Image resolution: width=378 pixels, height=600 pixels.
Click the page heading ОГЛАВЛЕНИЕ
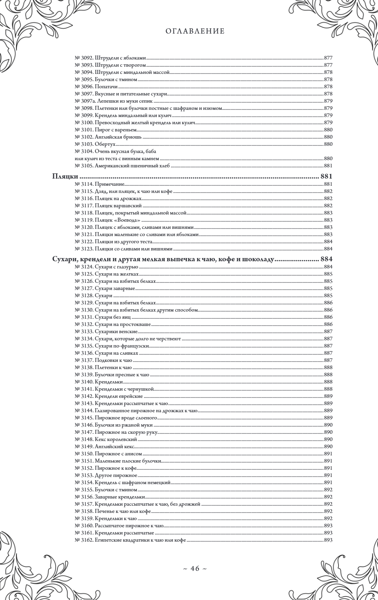click(x=195, y=31)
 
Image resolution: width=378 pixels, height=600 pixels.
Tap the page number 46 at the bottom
click(x=195, y=569)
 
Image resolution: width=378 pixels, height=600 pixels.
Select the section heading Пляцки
click(x=65, y=176)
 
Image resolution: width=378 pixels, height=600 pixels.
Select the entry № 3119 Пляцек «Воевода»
click(x=108, y=220)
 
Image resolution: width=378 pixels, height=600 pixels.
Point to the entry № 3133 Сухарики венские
click(x=106, y=332)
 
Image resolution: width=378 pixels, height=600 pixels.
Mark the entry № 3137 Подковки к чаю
click(x=104, y=360)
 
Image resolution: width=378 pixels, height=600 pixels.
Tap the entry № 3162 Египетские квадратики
click(x=131, y=540)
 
